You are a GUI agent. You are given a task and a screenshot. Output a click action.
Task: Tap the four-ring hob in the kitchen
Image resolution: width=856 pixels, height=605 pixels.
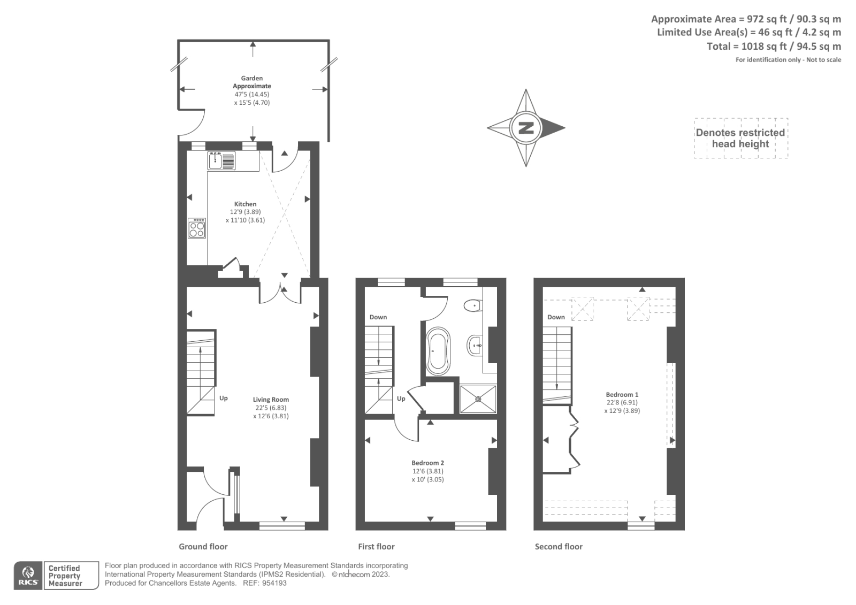197,228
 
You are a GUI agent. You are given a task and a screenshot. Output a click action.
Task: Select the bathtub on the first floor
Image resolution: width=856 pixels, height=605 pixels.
438,351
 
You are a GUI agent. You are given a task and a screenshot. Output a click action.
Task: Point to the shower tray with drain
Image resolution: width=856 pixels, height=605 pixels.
478,399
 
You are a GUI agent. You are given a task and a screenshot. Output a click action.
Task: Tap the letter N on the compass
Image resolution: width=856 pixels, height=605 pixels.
526,128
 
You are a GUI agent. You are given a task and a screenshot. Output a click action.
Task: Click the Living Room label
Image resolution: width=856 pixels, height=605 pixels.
271,400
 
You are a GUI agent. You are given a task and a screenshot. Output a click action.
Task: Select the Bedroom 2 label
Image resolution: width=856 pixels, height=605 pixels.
427,463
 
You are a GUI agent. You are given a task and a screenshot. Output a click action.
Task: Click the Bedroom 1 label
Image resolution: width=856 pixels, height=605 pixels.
622,394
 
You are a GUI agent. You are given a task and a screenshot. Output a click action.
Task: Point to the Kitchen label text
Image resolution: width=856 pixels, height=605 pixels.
245,204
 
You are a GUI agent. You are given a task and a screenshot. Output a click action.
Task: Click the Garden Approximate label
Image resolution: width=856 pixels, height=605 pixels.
252,82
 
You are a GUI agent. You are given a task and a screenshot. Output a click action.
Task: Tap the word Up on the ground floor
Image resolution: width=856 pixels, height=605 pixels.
224,398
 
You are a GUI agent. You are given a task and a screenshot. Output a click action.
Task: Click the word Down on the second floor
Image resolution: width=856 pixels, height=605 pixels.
556,317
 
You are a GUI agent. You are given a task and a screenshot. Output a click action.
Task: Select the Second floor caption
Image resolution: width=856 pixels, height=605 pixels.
559,546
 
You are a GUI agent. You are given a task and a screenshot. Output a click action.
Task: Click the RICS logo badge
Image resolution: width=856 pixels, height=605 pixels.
28,576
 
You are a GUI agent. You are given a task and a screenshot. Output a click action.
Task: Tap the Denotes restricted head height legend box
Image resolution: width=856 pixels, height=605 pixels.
740,138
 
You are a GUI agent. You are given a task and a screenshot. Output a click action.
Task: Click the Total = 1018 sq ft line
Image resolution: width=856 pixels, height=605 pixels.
774,47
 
